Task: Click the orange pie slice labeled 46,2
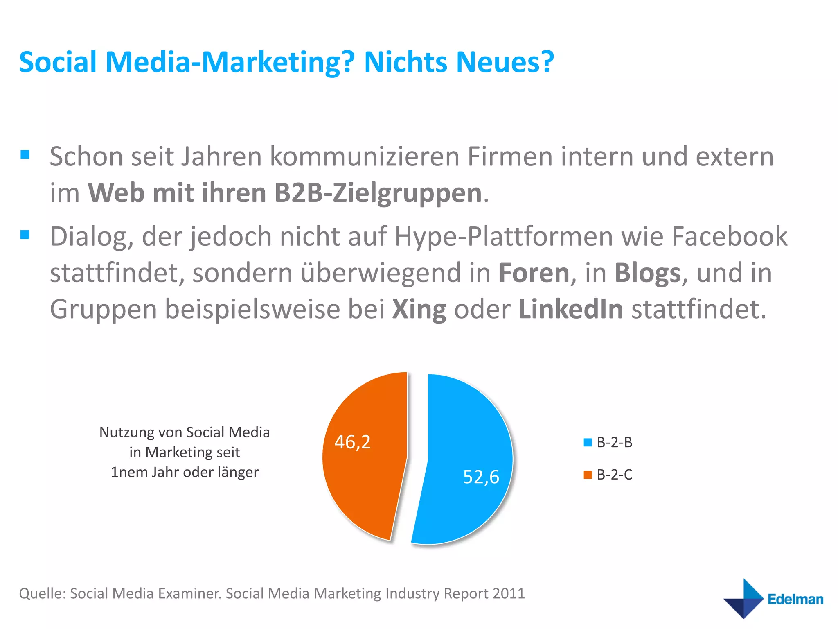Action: [364, 483]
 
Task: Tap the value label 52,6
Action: [481, 477]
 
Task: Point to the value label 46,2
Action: [352, 442]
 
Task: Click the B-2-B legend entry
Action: [608, 442]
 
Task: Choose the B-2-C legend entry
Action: [608, 475]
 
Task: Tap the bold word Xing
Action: [419, 309]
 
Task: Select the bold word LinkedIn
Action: [571, 309]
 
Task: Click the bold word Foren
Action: [534, 273]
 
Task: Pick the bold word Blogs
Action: [647, 273]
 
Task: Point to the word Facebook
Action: [729, 236]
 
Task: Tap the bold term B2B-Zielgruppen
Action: [378, 193]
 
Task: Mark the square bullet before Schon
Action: [25, 155]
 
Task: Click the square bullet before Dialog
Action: [25, 235]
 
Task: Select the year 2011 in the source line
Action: [509, 593]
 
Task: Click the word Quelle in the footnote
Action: [42, 593]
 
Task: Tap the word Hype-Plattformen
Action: [503, 237]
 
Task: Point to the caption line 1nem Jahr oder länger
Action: [185, 472]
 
